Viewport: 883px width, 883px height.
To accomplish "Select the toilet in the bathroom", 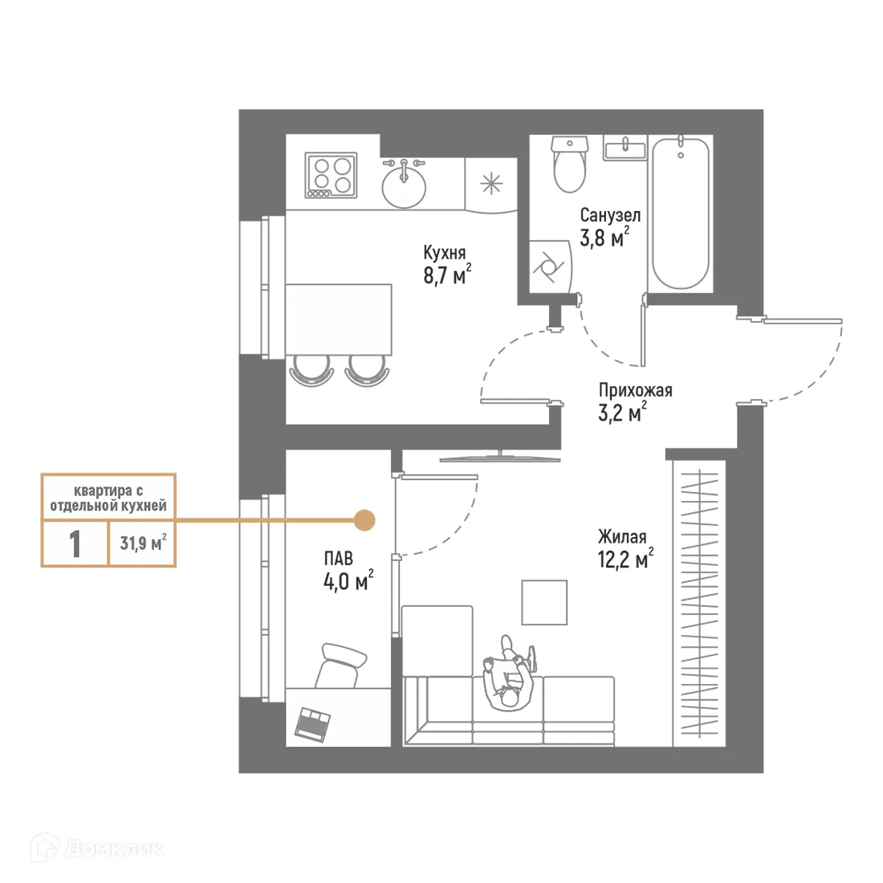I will point(570,165).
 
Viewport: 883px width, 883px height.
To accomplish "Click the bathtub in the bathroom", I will point(681,213).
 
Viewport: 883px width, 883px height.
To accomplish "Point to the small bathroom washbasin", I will point(625,149).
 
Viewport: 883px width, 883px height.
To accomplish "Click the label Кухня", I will point(445,252).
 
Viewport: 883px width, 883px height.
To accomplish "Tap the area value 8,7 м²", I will point(446,276).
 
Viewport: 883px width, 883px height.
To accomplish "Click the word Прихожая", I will point(635,390).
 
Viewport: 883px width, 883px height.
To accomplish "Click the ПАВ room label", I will point(338,558).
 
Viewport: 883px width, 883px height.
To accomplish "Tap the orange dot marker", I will point(364,520).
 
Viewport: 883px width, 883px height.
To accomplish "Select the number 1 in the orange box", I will point(75,544).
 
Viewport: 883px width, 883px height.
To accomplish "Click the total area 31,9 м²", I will point(142,543).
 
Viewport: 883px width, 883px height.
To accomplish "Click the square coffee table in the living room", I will point(544,601).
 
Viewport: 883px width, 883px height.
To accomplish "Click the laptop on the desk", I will point(311,722).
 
